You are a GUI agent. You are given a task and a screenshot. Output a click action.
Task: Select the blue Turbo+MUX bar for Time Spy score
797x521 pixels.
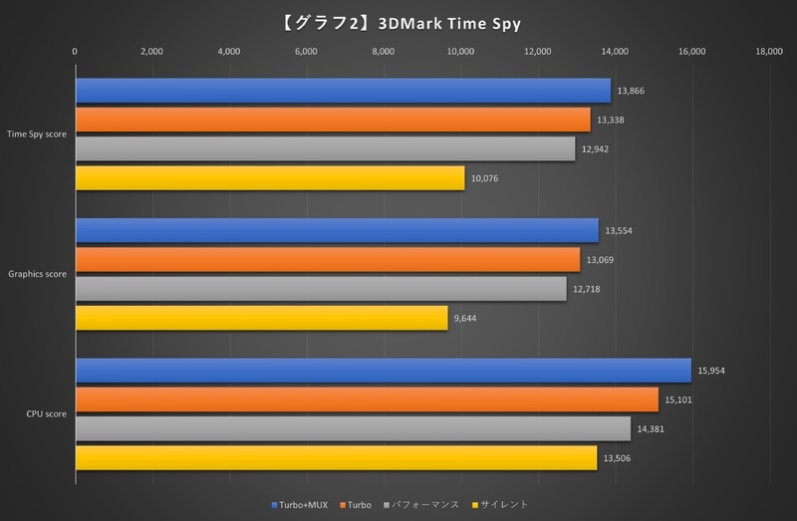pyautogui.click(x=343, y=91)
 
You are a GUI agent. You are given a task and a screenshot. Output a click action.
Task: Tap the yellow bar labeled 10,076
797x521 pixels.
pyautogui.click(x=270, y=178)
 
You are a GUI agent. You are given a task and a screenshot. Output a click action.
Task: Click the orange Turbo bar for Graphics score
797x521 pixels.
pyautogui.click(x=328, y=259)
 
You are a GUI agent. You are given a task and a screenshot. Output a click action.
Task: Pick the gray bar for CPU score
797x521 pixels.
pyautogui.click(x=353, y=429)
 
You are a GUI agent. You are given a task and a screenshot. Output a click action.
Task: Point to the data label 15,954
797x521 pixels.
pyautogui.click(x=713, y=371)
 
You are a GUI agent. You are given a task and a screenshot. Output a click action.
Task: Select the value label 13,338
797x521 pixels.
pyautogui.click(x=611, y=121)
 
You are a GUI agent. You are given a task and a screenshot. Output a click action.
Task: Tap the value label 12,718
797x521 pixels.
pyautogui.click(x=586, y=289)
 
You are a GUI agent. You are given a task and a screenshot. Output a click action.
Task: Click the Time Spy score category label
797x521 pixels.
pyautogui.click(x=37, y=134)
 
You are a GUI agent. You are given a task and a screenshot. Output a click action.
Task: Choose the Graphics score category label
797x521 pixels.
pyautogui.click(x=37, y=274)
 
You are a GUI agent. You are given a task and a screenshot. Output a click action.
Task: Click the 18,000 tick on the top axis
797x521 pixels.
pyautogui.click(x=768, y=52)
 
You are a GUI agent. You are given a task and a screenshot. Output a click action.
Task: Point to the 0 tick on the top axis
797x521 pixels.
pyautogui.click(x=76, y=52)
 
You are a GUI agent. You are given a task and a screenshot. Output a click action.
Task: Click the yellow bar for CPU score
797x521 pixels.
pyautogui.click(x=336, y=458)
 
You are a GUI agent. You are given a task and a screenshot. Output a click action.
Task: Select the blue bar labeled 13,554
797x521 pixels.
pyautogui.click(x=337, y=230)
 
